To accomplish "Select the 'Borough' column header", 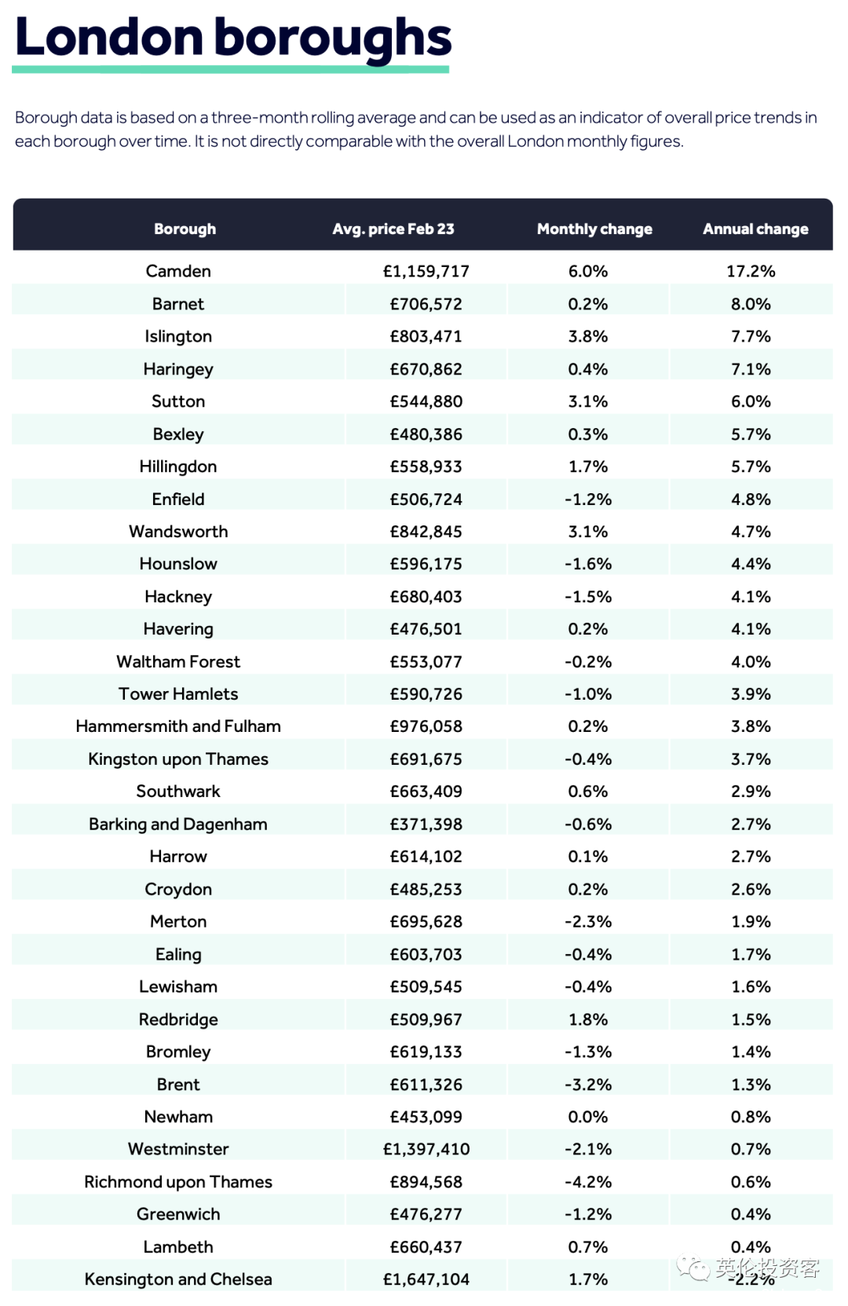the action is (x=185, y=229).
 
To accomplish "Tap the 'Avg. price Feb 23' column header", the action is (x=393, y=229).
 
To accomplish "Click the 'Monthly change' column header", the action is (x=594, y=229).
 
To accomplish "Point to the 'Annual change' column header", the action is (x=755, y=229).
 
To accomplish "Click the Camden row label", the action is (x=178, y=271).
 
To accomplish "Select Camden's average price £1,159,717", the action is (x=426, y=271).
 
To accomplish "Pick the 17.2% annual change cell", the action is (x=751, y=271).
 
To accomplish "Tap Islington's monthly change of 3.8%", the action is (x=588, y=336).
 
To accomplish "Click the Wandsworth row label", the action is (x=178, y=531).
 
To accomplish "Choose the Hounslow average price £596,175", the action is (x=426, y=564).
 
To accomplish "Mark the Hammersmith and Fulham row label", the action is (x=178, y=726).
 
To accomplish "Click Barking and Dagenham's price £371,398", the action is (x=426, y=824).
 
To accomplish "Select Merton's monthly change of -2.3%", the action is (x=588, y=921).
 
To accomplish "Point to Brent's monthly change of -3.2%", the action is (x=588, y=1085).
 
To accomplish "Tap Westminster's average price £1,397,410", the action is (x=426, y=1149).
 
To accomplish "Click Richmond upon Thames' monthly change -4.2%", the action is (x=588, y=1182).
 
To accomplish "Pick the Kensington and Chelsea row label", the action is (x=178, y=1279).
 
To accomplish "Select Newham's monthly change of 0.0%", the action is (x=588, y=1117).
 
